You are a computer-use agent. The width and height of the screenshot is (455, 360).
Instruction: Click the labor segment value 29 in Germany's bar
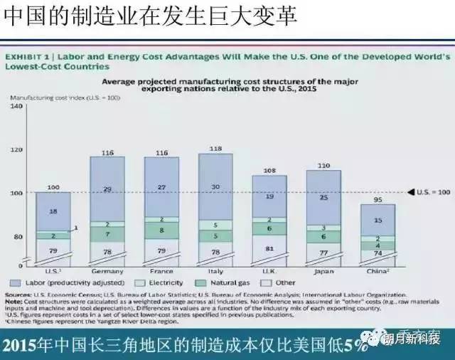(x=108, y=189)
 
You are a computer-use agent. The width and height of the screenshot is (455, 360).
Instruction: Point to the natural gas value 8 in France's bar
(x=163, y=230)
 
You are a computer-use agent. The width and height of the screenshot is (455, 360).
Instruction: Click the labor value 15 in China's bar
(x=379, y=221)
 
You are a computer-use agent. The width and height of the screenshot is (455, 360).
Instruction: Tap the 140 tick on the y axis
(x=18, y=106)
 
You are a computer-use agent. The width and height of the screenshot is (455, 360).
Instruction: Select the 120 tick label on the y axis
(x=18, y=149)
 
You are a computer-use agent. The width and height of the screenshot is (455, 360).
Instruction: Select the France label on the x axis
(x=163, y=272)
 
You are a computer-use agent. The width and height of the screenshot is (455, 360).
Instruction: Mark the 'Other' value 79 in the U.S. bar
(x=53, y=250)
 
